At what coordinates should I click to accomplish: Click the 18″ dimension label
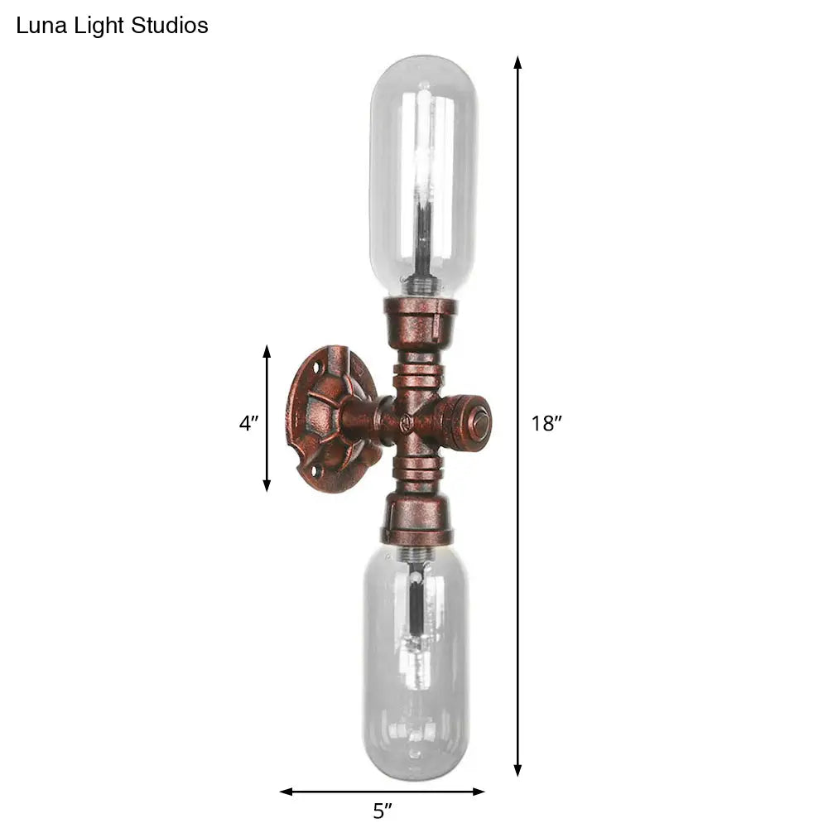pos(546,424)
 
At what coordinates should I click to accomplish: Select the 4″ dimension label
pos(248,424)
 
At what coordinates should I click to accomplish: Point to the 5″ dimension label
pos(383,811)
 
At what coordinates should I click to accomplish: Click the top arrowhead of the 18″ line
pos(517,63)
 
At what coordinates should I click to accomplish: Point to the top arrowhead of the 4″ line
pos(267,351)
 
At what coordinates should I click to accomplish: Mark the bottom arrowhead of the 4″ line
pos(267,485)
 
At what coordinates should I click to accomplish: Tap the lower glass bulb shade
pos(416,662)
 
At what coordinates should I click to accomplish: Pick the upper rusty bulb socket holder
pos(420,319)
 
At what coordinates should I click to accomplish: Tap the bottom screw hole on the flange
pos(314,472)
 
